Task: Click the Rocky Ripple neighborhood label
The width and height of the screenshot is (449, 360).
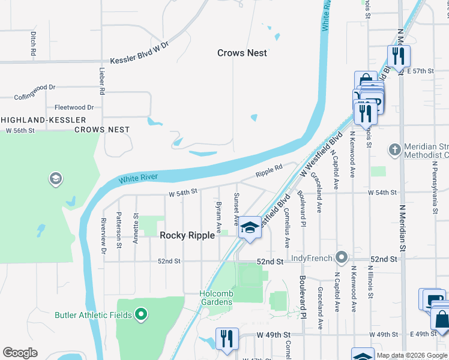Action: coord(187,236)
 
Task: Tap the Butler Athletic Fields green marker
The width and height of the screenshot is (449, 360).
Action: coord(141,314)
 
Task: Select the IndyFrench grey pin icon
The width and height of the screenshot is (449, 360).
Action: coord(342,258)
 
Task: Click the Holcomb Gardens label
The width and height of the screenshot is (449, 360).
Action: coord(216,298)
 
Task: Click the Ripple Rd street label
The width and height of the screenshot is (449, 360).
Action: coord(269,171)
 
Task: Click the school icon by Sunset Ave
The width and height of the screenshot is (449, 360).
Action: coord(250,227)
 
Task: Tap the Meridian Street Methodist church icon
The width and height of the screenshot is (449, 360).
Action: coord(394,148)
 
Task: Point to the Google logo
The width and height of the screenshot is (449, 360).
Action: coord(20,353)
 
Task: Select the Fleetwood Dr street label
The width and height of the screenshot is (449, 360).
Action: coord(74,107)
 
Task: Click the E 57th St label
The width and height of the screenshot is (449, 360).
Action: coord(420,71)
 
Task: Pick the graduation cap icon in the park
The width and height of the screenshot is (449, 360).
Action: coord(55,178)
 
